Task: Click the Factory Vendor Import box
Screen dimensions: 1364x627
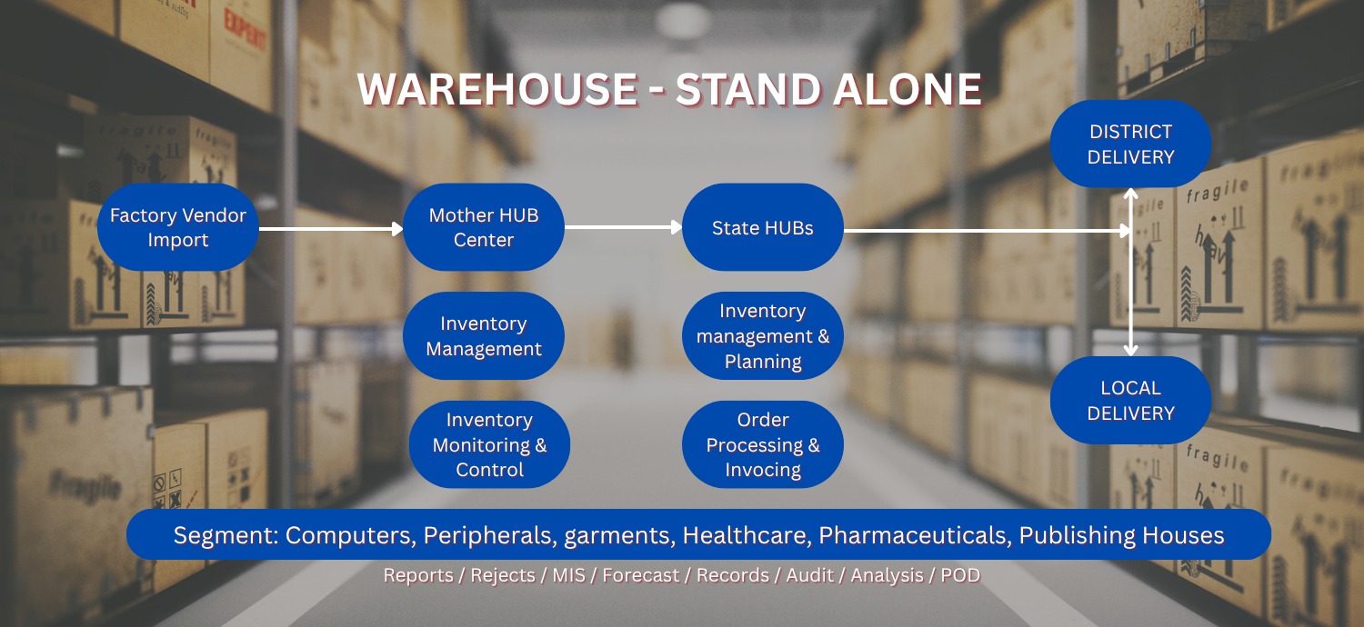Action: point(178,227)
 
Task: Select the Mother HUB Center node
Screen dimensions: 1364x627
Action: point(484,227)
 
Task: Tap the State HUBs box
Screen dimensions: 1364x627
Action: point(762,227)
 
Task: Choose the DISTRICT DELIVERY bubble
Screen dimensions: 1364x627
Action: point(1131,144)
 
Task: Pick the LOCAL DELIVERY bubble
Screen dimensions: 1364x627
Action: point(1131,400)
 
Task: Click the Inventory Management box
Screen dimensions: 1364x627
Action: point(484,336)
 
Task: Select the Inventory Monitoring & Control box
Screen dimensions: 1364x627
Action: point(489,444)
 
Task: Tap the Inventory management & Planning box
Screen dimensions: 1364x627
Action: point(762,336)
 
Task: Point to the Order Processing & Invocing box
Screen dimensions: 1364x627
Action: point(762,444)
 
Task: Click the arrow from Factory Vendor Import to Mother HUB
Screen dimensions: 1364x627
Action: point(331,229)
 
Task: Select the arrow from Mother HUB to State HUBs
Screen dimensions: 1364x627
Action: point(623,227)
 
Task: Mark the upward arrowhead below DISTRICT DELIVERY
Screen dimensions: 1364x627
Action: point(1131,194)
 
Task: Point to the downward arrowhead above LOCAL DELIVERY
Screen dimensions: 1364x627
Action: point(1131,350)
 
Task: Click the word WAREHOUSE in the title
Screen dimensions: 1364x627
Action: point(498,89)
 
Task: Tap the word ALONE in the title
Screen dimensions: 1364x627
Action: point(907,89)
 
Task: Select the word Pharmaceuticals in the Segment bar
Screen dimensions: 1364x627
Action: point(912,535)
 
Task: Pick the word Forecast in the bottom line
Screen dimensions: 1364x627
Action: point(640,575)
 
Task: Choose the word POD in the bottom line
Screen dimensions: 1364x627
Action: point(960,575)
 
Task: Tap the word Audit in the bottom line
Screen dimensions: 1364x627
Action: point(809,575)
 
